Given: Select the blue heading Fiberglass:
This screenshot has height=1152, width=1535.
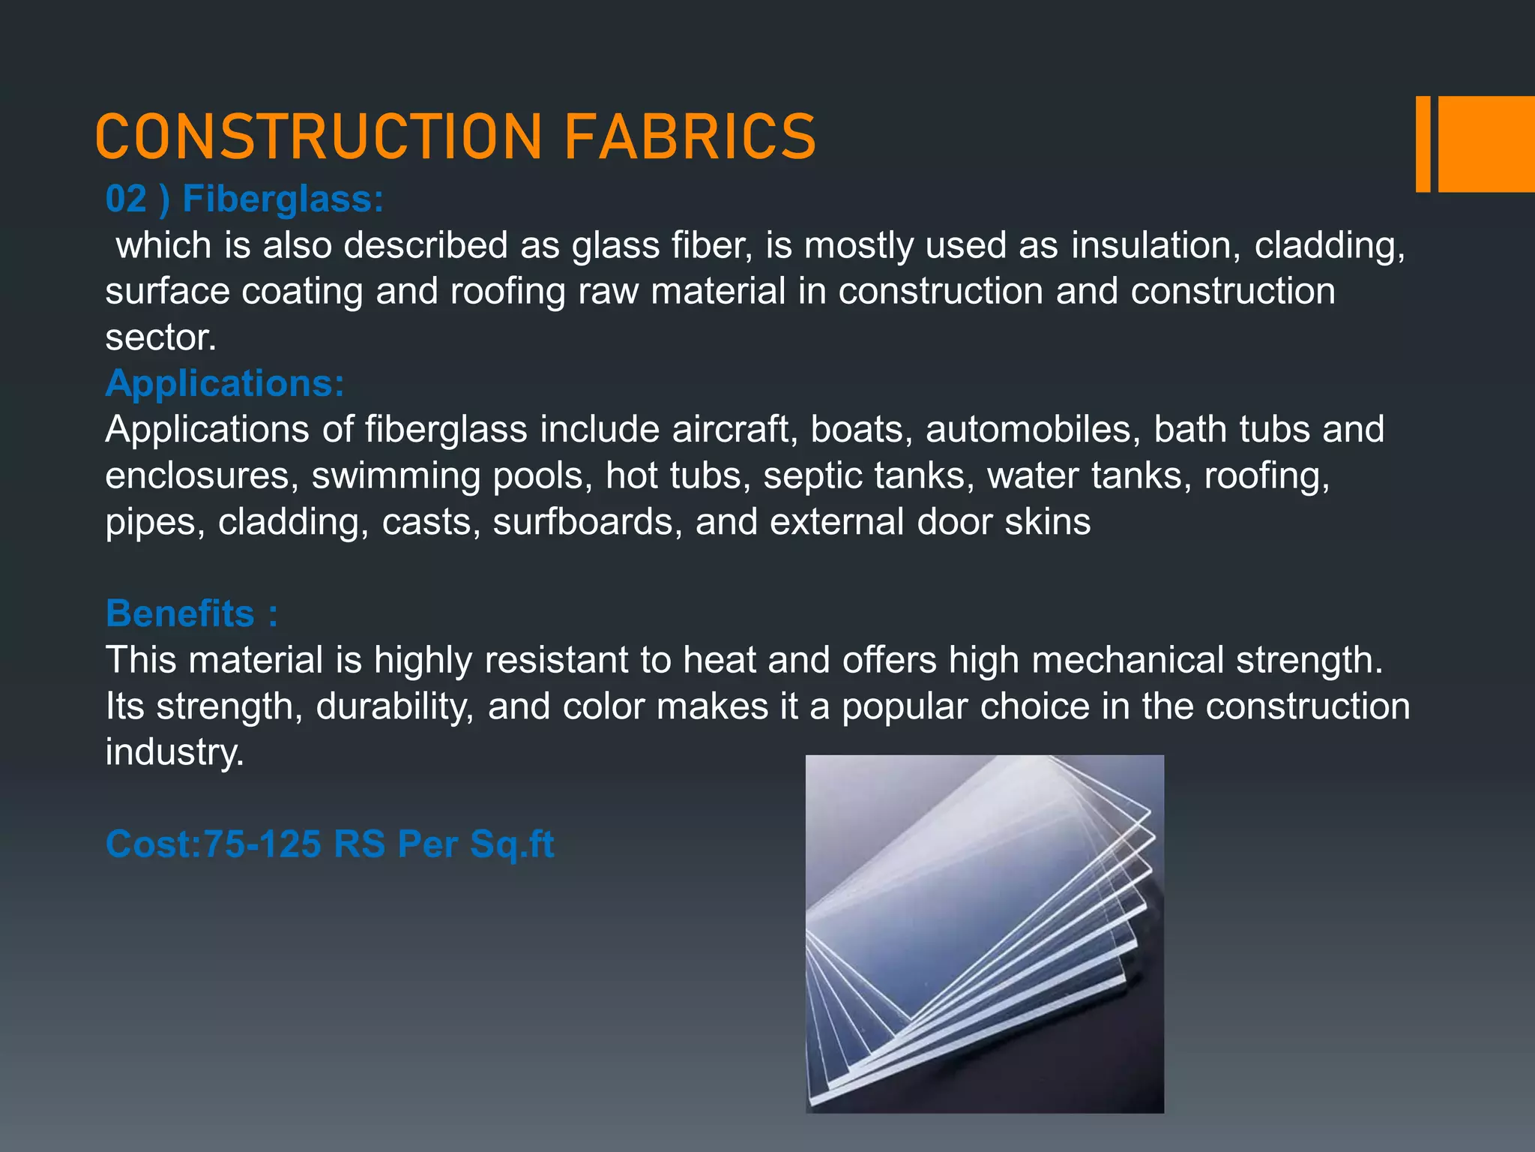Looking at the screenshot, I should click(x=283, y=199).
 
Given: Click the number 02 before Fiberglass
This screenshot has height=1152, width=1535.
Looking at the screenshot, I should click(x=126, y=199).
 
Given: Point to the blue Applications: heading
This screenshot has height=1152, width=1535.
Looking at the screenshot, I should click(x=225, y=383).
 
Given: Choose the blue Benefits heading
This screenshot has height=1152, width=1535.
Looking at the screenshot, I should click(x=180, y=613).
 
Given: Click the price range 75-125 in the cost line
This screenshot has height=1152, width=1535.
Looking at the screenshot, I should click(x=263, y=844).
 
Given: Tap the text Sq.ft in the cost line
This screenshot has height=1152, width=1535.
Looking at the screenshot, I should click(x=512, y=844).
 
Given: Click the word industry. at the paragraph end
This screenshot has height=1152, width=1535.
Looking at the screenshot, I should click(x=175, y=752).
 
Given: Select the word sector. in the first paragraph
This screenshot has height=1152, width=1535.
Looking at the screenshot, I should click(x=160, y=337).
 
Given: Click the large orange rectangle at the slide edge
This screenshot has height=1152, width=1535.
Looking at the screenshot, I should click(x=1486, y=144).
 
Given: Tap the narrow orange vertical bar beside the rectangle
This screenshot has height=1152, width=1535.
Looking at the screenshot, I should click(x=1423, y=144).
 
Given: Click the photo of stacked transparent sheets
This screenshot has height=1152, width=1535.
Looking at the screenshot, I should click(x=984, y=934).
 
